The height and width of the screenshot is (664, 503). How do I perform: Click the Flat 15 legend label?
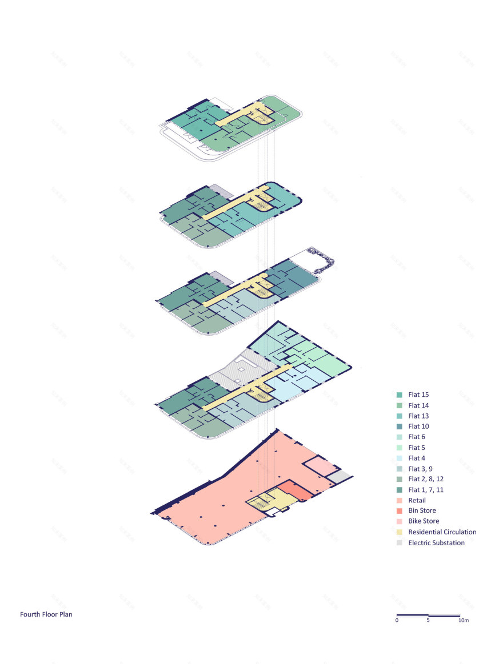pyautogui.click(x=418, y=395)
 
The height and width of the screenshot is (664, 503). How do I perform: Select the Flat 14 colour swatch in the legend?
pyautogui.click(x=399, y=405)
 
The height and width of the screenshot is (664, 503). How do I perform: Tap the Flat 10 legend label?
pyautogui.click(x=418, y=426)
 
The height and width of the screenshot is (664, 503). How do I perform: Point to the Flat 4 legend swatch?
pyautogui.click(x=399, y=458)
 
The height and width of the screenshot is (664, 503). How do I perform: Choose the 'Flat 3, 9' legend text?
pyautogui.click(x=420, y=469)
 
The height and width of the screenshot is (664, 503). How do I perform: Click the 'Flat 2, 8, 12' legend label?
pyautogui.click(x=426, y=479)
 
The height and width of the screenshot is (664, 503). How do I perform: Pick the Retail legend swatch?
pyautogui.click(x=399, y=501)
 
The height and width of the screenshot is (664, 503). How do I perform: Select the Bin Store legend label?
pyautogui.click(x=422, y=511)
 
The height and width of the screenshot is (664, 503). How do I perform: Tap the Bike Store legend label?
pyautogui.click(x=424, y=521)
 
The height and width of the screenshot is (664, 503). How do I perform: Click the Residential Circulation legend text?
pyautogui.click(x=442, y=532)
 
